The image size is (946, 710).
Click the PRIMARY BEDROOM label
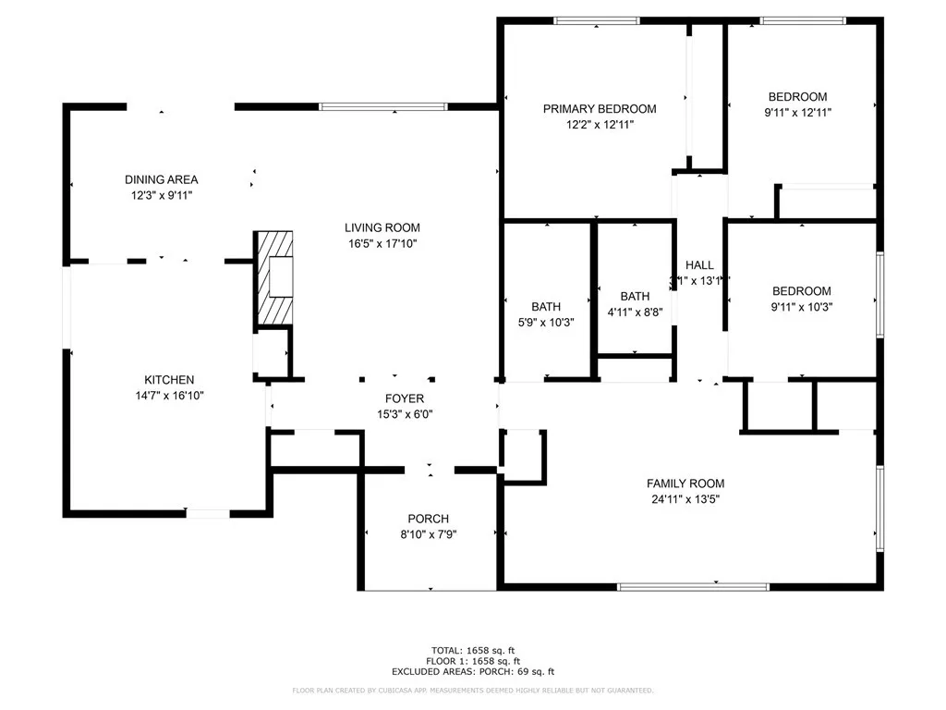click(599, 108)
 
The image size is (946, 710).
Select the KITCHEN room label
click(169, 380)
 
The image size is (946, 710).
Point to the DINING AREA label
click(162, 179)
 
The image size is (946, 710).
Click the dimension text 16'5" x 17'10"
click(382, 244)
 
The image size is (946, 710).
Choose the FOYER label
click(405, 398)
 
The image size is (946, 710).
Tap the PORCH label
click(428, 519)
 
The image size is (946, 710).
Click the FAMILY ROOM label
click(685, 484)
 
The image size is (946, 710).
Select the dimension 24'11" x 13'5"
click(685, 499)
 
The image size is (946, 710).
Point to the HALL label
click(699, 265)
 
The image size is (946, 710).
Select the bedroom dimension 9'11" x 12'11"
click(797, 113)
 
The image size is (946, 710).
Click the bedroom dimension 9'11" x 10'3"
click(801, 307)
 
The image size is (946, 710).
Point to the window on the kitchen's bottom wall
click(208, 513)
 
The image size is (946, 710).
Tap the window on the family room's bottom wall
click(693, 586)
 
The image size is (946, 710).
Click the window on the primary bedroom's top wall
click(597, 20)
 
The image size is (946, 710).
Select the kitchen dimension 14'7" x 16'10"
click(169, 396)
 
